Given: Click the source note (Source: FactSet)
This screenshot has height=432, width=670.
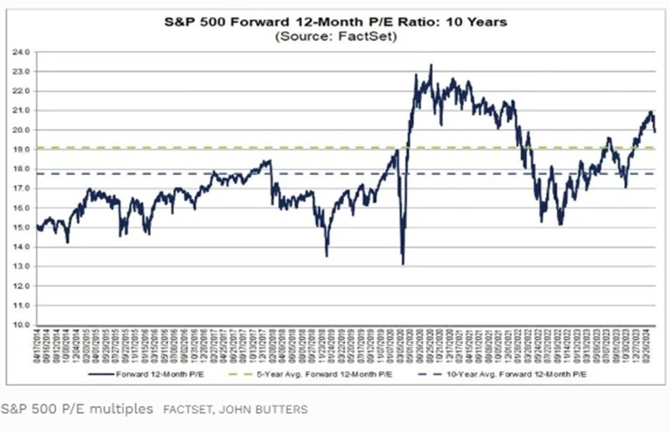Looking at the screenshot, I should coord(333,37).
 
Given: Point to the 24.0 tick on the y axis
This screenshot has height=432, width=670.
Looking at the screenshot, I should coord(22,52).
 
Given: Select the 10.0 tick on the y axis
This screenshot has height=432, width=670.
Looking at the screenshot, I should coord(22,325).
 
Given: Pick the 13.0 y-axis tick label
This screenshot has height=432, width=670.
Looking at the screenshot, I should coord(22,266).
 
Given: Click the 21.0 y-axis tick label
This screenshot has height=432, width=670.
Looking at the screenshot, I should coord(22,111).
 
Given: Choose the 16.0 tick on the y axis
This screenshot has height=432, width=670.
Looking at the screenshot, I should coord(22,208).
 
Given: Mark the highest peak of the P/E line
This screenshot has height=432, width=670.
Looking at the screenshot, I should coord(430,65).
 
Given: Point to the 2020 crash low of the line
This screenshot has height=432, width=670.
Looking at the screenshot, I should coord(403,264).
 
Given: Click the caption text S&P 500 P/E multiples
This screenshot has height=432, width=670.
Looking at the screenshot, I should coord(77,409).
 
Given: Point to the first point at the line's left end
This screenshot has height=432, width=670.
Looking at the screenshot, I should coord(38,225).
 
